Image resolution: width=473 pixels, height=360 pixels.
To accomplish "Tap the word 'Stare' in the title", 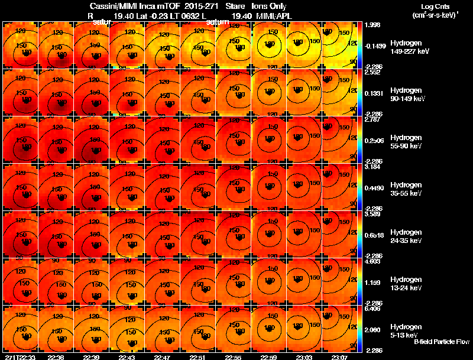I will click(x=235, y=6).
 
